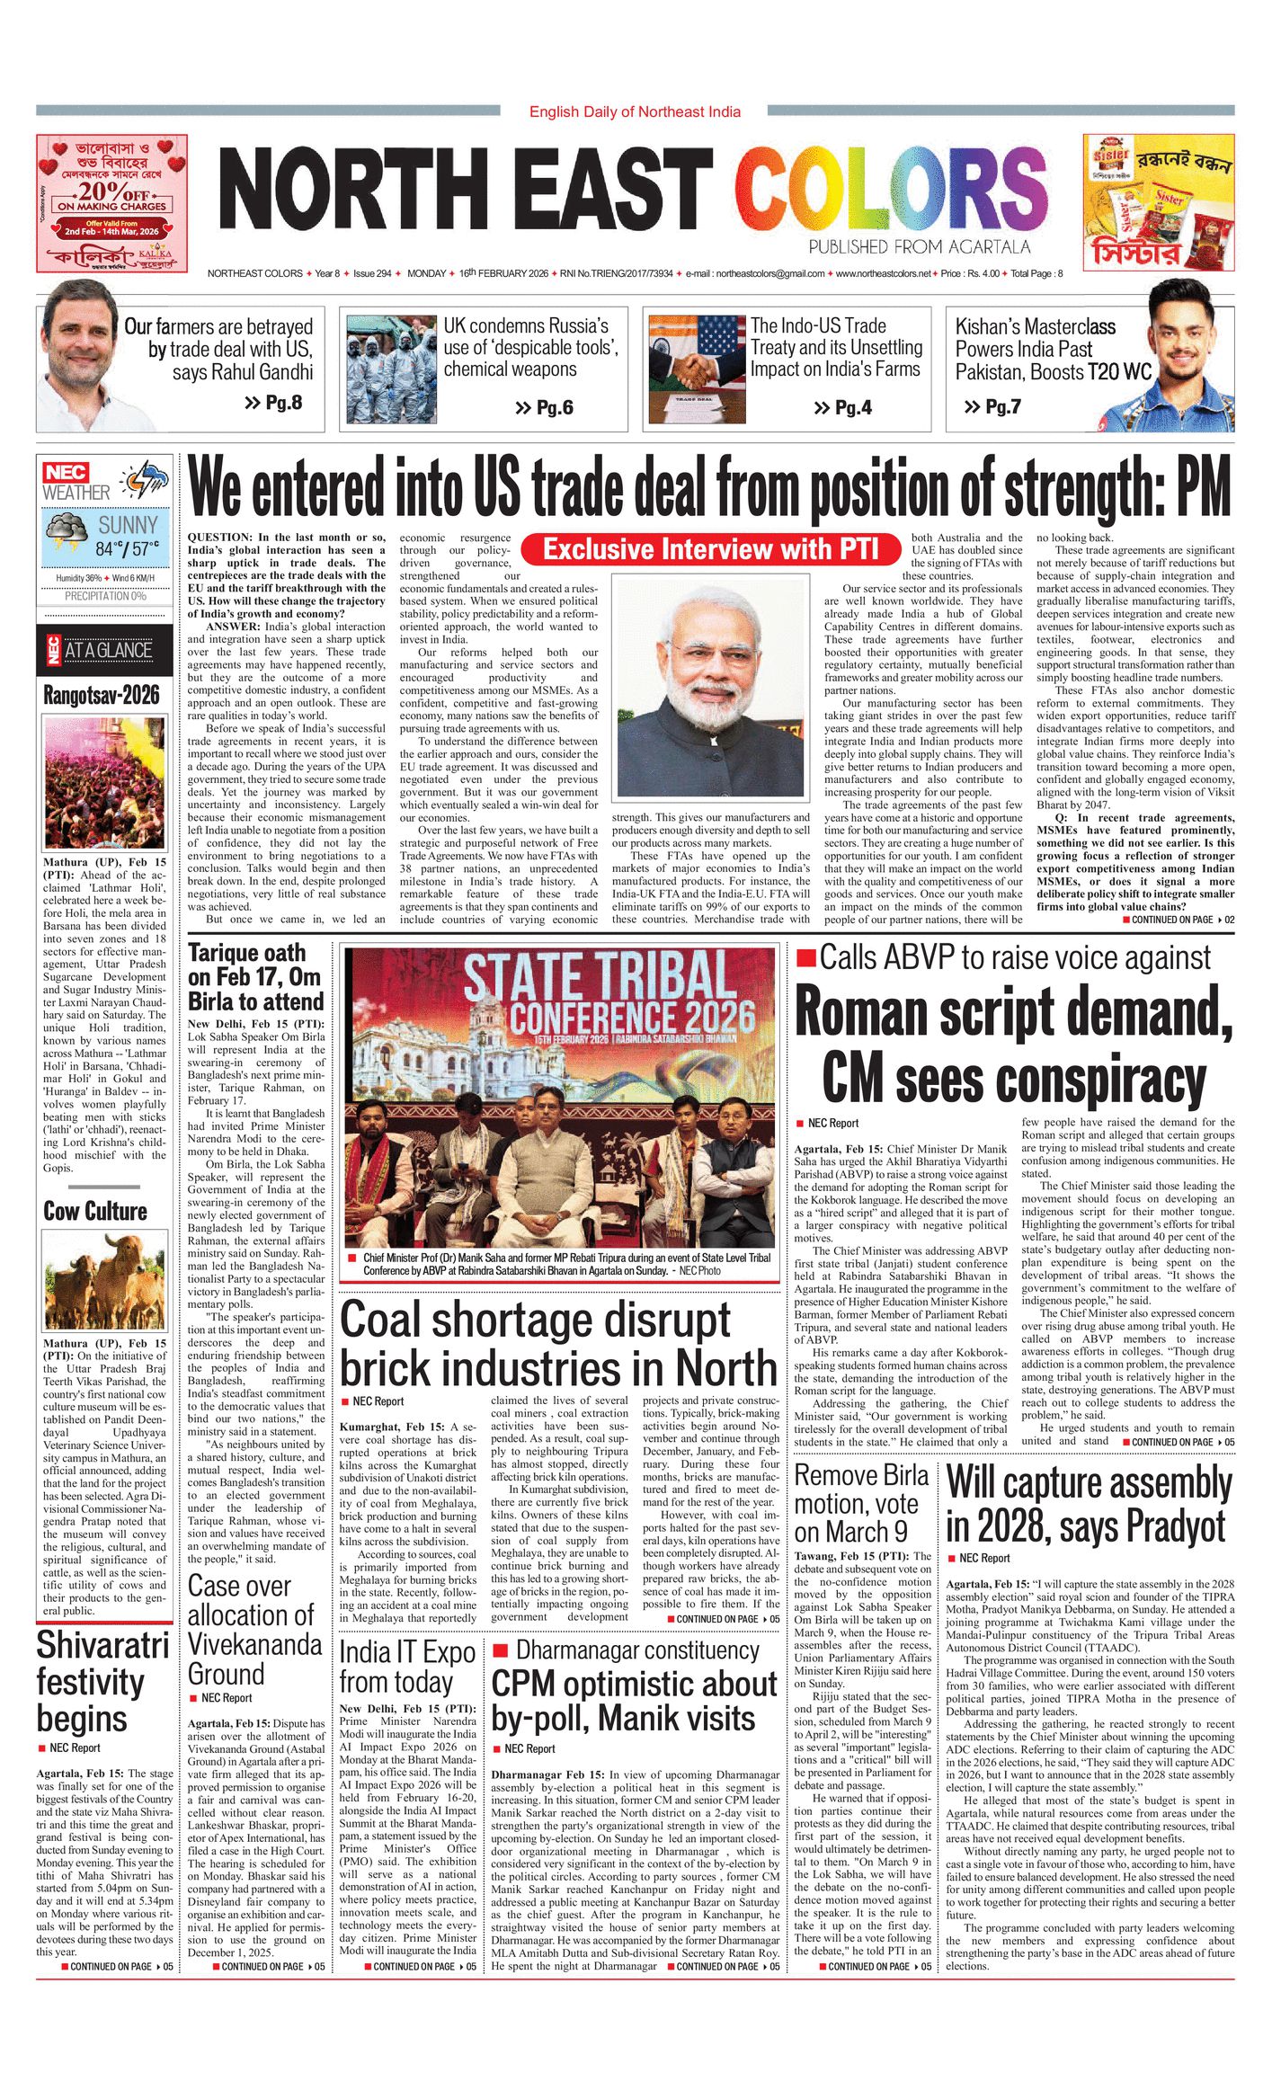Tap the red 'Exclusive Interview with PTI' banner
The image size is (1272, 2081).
pyautogui.click(x=710, y=548)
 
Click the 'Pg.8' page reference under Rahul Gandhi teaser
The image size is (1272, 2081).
pyautogui.click(x=273, y=403)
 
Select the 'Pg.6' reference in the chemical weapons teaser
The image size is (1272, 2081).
pyautogui.click(x=544, y=408)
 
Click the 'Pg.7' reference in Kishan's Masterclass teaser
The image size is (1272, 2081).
pyautogui.click(x=992, y=406)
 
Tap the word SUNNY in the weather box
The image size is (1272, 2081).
pyautogui.click(x=127, y=525)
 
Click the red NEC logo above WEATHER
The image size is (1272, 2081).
pyautogui.click(x=66, y=473)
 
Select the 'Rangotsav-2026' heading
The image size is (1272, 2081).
pyautogui.click(x=102, y=695)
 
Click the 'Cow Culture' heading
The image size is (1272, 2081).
pyautogui.click(x=95, y=1211)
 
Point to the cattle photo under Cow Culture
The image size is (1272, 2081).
pyautogui.click(x=104, y=1280)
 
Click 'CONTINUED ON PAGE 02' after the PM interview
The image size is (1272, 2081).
pyautogui.click(x=1178, y=920)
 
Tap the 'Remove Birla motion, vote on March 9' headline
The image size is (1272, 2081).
pyautogui.click(x=860, y=1504)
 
